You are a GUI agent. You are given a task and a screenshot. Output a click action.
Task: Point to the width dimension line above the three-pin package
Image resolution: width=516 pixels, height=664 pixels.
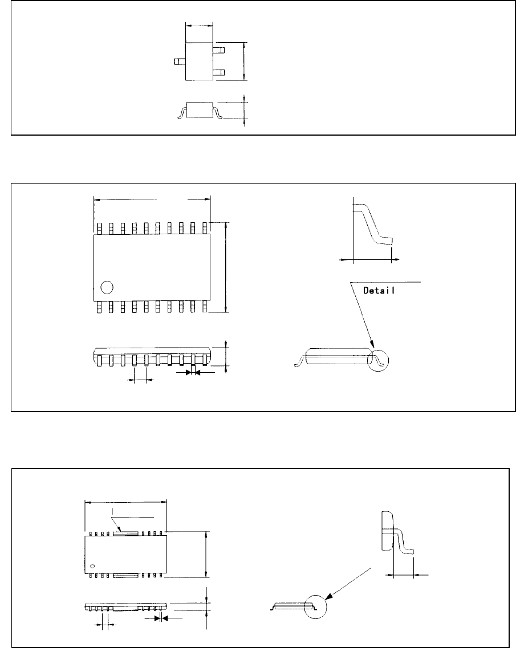point(199,26)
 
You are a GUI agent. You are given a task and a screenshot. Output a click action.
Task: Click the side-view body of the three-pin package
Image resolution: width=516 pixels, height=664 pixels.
point(198,110)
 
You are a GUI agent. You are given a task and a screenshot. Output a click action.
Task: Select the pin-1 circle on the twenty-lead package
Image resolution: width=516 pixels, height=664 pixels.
point(106,287)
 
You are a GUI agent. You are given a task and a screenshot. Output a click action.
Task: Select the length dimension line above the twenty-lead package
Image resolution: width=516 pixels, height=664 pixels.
point(152,199)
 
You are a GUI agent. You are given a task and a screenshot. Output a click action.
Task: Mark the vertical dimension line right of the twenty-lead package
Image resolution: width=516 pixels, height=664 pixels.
point(227,267)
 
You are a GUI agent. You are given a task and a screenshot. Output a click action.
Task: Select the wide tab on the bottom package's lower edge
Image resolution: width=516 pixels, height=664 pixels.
point(126,576)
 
